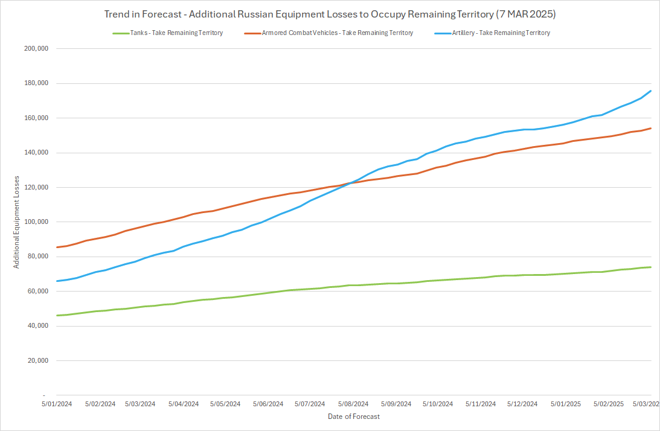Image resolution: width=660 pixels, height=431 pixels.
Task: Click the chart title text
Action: pyautogui.click(x=330, y=13)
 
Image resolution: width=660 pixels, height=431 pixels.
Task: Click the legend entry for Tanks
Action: pyautogui.click(x=167, y=33)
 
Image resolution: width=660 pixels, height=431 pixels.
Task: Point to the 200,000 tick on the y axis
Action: pyautogui.click(x=35, y=49)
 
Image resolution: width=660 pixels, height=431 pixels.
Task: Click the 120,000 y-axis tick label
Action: pyautogui.click(x=35, y=188)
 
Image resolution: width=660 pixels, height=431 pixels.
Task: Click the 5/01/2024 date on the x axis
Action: pyautogui.click(x=57, y=404)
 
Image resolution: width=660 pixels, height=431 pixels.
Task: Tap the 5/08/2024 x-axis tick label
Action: pyautogui.click(x=353, y=404)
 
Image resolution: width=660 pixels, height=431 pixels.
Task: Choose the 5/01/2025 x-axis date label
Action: pyautogui.click(x=565, y=404)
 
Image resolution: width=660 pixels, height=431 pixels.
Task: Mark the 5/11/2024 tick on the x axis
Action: pyautogui.click(x=481, y=404)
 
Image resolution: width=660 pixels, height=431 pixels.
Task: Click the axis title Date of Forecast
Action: pyautogui.click(x=354, y=417)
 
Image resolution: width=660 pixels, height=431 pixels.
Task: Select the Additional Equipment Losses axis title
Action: pyautogui.click(x=18, y=222)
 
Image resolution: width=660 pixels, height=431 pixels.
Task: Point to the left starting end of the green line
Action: pyautogui.click(x=57, y=316)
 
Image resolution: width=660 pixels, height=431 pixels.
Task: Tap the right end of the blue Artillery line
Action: pyautogui.click(x=650, y=91)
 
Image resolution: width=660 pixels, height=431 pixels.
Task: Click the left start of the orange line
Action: pyautogui.click(x=57, y=247)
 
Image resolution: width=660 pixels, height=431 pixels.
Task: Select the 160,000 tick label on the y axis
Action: pyautogui.click(x=35, y=118)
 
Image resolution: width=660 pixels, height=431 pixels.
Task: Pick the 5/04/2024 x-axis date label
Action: pyautogui.click(x=184, y=404)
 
